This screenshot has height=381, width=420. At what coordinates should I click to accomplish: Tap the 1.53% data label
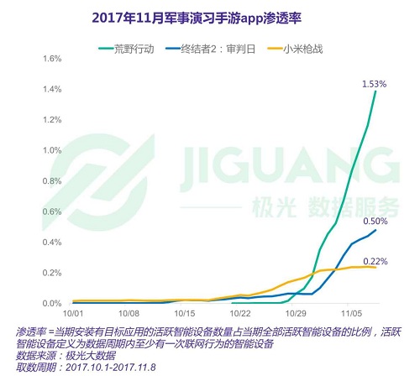(x=373, y=84)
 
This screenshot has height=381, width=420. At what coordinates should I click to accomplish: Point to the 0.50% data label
(x=374, y=222)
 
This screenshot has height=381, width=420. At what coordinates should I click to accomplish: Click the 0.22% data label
(x=375, y=261)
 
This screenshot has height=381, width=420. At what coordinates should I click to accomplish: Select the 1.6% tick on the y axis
(x=30, y=59)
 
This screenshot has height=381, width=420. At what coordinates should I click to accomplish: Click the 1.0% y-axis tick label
(x=30, y=150)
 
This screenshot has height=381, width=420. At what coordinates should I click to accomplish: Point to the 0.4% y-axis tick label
(x=30, y=243)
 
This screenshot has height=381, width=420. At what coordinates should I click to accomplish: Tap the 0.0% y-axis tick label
(x=30, y=304)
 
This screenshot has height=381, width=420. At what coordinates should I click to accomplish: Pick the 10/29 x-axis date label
(x=295, y=311)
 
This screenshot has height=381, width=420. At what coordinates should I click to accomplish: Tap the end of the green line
(x=375, y=91)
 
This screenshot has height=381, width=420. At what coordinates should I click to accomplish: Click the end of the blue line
(x=375, y=230)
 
